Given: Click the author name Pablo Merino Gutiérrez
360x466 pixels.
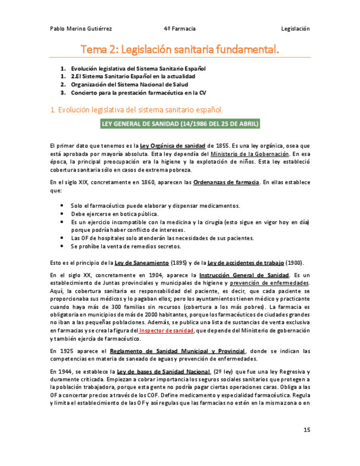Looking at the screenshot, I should pos(81,29).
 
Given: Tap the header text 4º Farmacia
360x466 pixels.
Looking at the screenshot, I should pos(179,29).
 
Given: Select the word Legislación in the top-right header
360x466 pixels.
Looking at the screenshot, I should pos(295,29).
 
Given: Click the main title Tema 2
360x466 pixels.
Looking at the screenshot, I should pos(180,50).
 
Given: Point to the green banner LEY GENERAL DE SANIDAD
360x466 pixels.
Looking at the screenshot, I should pos(180,124).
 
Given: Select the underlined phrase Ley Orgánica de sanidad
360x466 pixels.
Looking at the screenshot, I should pos(173,146).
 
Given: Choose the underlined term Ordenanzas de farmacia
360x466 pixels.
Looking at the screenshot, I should pos(226,182).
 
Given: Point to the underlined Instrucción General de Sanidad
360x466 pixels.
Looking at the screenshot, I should pos(244,275).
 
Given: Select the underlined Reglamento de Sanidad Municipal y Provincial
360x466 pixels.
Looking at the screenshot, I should pos(178,351).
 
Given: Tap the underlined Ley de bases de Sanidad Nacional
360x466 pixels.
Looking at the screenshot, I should pos(164,371).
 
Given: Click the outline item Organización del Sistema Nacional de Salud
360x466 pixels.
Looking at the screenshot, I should pos(129,85).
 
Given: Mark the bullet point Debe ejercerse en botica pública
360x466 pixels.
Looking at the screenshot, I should pos(115,214).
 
